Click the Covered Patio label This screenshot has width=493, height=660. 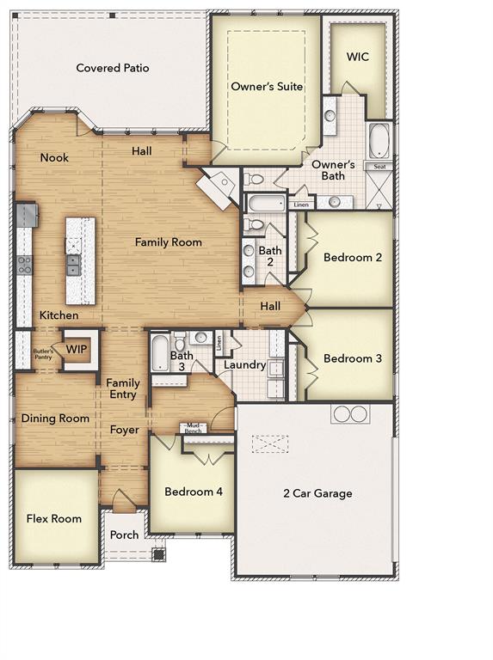(113, 68)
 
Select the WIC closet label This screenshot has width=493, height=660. (358, 57)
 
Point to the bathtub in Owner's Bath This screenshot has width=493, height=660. (379, 141)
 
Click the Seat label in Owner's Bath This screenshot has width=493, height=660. (379, 166)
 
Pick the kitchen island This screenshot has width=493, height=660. (81, 260)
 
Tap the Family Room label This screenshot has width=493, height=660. (169, 242)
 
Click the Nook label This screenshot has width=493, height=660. (54, 157)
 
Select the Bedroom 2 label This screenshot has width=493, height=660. (352, 257)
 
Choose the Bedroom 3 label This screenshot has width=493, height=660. (352, 358)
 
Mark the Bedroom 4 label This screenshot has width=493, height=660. (194, 492)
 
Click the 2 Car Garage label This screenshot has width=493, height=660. (317, 493)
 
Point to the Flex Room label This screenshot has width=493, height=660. (54, 519)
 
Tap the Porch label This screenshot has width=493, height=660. (125, 535)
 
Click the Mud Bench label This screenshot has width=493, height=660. (194, 427)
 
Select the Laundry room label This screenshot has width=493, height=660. (244, 365)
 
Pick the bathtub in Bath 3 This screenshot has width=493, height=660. (161, 352)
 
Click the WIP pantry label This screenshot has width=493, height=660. (77, 350)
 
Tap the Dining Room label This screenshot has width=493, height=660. (55, 419)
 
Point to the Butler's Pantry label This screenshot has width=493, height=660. (44, 354)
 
